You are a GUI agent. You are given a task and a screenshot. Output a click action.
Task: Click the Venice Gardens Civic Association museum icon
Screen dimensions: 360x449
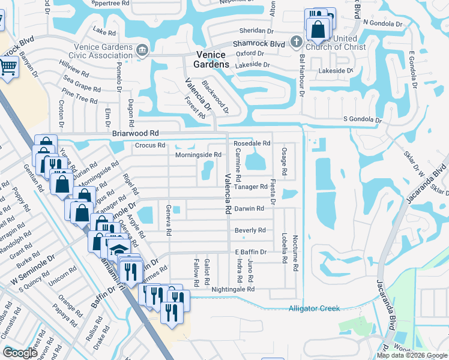coord(143,50)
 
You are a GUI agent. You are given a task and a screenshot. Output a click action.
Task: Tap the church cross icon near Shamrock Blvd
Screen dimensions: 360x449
coord(295,42)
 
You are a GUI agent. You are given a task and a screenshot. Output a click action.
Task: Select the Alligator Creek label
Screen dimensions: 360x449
coord(314,308)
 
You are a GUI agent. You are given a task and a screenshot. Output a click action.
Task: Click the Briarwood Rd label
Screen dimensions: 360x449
coord(134,133)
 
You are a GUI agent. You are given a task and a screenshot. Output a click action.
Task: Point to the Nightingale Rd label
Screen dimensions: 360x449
coord(233,289)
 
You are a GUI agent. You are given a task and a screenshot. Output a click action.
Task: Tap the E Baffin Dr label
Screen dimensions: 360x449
coord(250,252)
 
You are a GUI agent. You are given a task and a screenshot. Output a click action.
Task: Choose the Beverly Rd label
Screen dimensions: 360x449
coord(250,230)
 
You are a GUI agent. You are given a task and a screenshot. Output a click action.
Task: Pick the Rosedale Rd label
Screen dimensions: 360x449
coord(252,144)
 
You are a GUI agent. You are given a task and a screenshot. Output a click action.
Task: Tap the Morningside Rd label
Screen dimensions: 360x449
coord(198,155)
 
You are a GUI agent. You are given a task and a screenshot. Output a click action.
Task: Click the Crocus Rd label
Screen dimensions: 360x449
coord(149,145)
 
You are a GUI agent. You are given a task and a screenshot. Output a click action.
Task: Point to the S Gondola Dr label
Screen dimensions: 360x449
coord(362,120)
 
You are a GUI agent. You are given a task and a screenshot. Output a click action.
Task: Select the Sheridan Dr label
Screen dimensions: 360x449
coord(256,31)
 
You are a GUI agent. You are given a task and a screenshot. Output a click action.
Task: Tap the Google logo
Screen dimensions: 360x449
coord(20,353)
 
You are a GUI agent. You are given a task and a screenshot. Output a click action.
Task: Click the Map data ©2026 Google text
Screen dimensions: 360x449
coord(411,355)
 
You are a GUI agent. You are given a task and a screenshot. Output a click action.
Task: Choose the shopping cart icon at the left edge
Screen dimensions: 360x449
coord(7,68)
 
